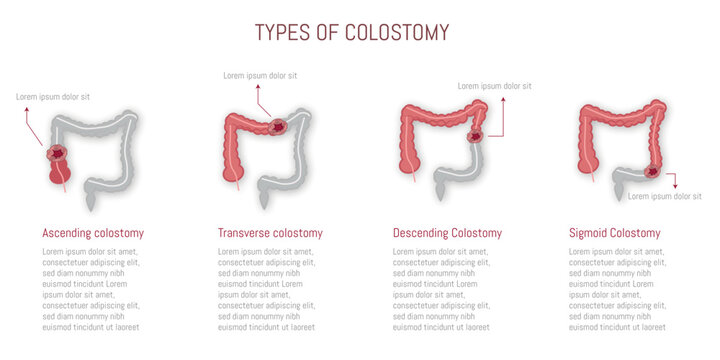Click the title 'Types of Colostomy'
351,32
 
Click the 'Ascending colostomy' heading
93,233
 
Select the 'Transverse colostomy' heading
270,233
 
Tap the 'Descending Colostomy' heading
447,233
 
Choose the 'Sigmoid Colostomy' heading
614,233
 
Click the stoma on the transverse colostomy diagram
277,127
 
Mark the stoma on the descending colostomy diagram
476,137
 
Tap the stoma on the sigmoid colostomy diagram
653,172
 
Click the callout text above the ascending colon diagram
53,97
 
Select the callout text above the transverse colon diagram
260,75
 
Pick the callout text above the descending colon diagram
494,86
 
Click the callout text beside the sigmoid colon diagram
664,196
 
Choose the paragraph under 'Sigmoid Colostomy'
617,289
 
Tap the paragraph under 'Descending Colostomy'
441,289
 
